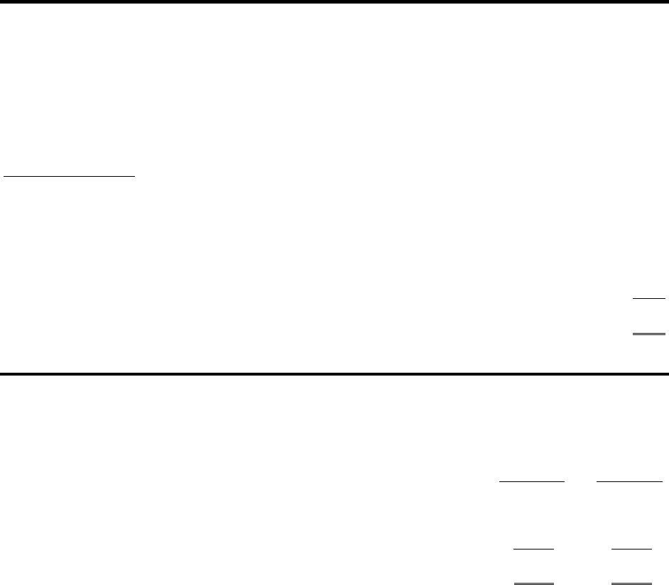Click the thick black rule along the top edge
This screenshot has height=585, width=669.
pyautogui.click(x=334, y=2)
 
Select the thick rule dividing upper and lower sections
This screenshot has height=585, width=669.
pyautogui.click(x=334, y=373)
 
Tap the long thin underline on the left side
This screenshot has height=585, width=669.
pyautogui.click(x=70, y=174)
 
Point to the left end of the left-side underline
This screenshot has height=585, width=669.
pyautogui.click(x=5, y=174)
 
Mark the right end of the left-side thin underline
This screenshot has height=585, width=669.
pyautogui.click(x=135, y=174)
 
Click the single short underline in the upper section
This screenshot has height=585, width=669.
pyautogui.click(x=648, y=299)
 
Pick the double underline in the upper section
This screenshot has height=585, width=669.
pyautogui.click(x=648, y=334)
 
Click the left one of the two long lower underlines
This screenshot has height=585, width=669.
pyautogui.click(x=533, y=481)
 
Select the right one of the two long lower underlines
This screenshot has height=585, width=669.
pyautogui.click(x=629, y=481)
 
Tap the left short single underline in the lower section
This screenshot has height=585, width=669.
pyautogui.click(x=533, y=549)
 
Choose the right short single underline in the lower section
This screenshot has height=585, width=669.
pyautogui.click(x=631, y=549)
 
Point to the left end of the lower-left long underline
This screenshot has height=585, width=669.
pyautogui.click(x=501, y=481)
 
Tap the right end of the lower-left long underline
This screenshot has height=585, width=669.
pyautogui.click(x=565, y=481)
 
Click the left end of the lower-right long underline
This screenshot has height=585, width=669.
pyautogui.click(x=597, y=481)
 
